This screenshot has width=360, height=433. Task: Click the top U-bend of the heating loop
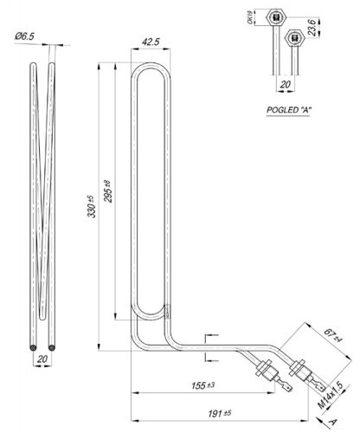click(152, 64)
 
